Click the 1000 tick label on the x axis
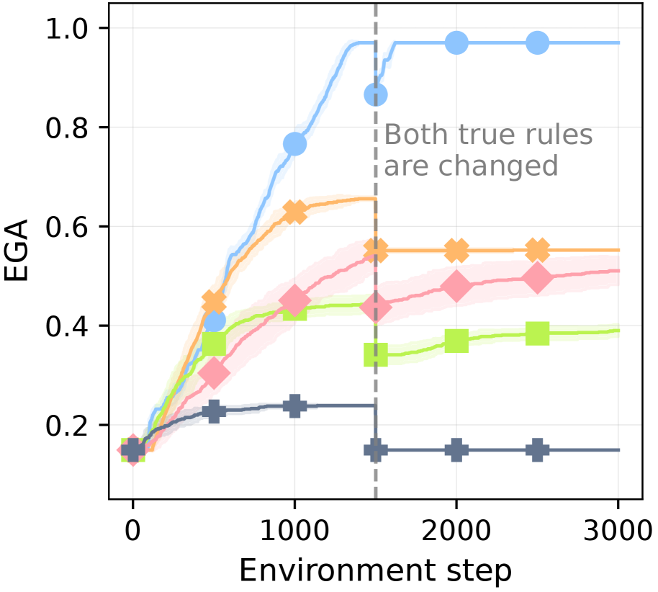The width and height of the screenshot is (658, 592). tap(294, 534)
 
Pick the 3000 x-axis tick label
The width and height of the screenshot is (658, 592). tap(618, 534)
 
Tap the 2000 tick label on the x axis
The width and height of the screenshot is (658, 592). tap(456, 534)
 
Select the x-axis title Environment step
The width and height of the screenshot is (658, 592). tap(375, 570)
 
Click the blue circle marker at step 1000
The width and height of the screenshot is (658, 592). tap(294, 144)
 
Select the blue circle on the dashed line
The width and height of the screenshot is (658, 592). tap(376, 94)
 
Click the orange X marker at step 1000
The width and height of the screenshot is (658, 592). tap(294, 212)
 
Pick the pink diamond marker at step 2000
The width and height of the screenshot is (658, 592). tap(456, 286)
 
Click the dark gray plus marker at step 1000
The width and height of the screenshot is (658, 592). tap(294, 405)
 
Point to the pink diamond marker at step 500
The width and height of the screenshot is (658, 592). tap(214, 373)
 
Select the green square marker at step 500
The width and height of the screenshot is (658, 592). tap(214, 344)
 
